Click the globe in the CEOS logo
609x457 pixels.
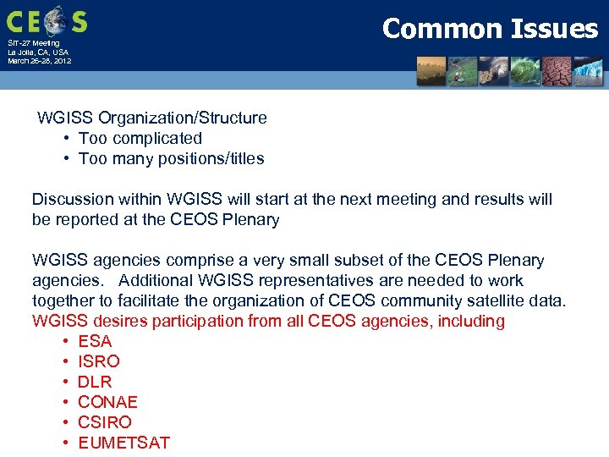(55, 19)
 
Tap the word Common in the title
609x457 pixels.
(441, 29)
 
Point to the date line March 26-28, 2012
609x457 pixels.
(40, 61)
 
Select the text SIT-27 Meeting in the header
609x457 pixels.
(34, 43)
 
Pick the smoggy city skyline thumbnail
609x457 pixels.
(431, 72)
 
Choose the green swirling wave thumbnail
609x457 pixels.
(523, 72)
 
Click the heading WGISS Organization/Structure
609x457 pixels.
(151, 118)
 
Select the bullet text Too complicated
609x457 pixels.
(140, 138)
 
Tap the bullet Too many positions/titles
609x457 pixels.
(171, 158)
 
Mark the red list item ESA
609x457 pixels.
(95, 341)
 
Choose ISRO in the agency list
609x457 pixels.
(99, 361)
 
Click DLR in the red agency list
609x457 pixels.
(95, 382)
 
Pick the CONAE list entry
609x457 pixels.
(107, 402)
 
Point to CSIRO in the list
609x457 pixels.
(105, 422)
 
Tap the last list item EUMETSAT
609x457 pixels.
(123, 443)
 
